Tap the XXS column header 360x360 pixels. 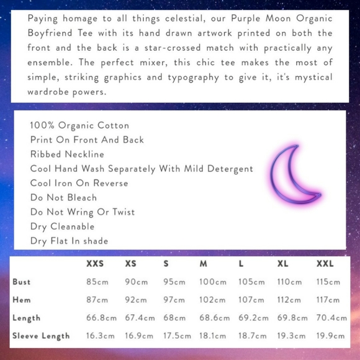(x=95, y=264)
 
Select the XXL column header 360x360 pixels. (x=325, y=264)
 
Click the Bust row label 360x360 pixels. (x=22, y=282)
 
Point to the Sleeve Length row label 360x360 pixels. (x=41, y=336)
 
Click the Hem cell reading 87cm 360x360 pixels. (x=97, y=300)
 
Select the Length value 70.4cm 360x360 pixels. (x=332, y=318)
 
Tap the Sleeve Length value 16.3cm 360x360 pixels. (x=101, y=336)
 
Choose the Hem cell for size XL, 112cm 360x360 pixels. (x=289, y=300)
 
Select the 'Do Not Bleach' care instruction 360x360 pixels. (x=64, y=197)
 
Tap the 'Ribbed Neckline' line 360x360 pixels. (x=67, y=154)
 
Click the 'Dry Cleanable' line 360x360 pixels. (x=63, y=227)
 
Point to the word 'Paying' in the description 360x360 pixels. (x=42, y=19)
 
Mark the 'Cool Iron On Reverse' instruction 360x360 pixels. (x=79, y=183)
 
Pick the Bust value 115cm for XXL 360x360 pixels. (x=329, y=282)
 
